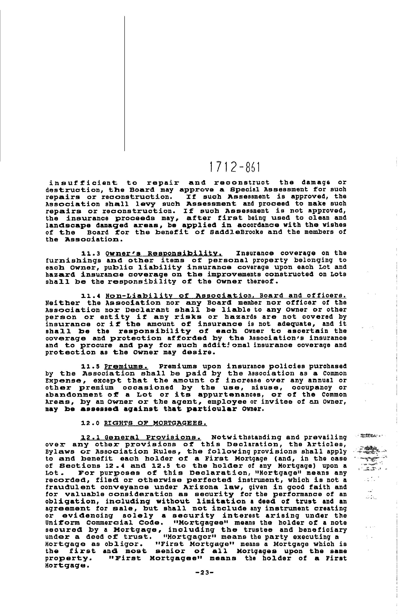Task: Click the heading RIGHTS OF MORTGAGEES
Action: coord(155,423)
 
